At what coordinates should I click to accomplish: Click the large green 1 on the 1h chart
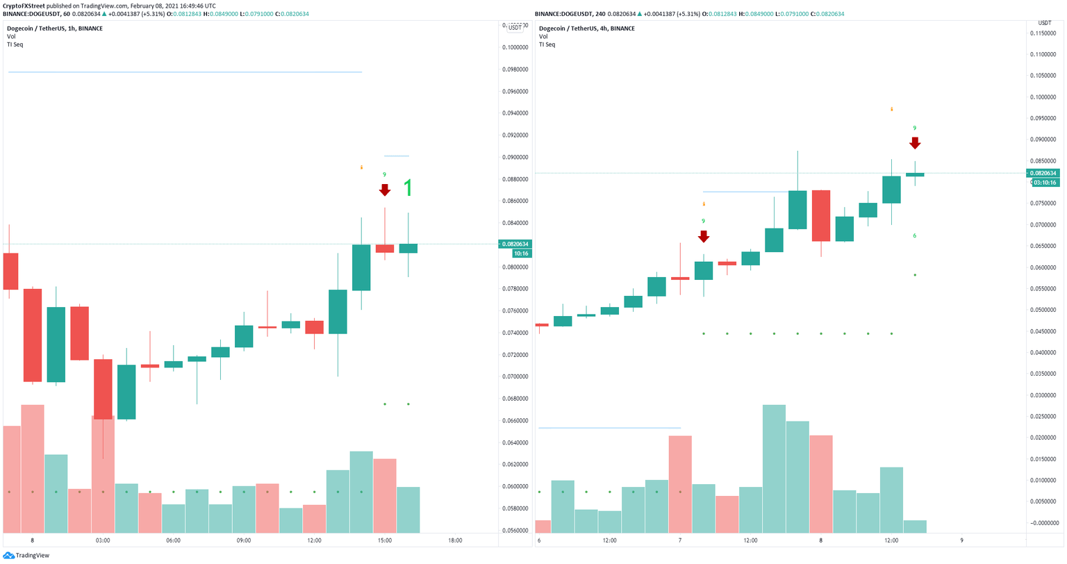408,188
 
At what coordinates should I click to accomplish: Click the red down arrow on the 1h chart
384,190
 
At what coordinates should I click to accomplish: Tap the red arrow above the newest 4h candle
915,143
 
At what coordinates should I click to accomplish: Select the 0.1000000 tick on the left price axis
515,47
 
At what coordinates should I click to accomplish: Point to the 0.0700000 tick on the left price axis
515,376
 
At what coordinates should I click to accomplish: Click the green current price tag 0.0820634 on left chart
515,244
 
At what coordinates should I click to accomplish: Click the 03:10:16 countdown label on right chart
1044,183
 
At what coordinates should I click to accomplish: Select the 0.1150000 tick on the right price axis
1048,33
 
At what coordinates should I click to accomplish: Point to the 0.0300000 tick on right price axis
1048,395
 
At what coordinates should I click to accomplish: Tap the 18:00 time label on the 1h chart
455,540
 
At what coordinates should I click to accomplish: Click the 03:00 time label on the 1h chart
103,540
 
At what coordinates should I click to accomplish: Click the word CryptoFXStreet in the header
24,6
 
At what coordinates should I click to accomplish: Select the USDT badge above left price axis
515,27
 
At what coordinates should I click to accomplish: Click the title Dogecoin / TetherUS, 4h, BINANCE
586,28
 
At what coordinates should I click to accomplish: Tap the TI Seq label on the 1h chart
15,44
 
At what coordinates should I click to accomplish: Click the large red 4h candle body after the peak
821,215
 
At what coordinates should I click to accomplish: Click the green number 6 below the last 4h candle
915,235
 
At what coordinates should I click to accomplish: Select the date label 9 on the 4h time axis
961,540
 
